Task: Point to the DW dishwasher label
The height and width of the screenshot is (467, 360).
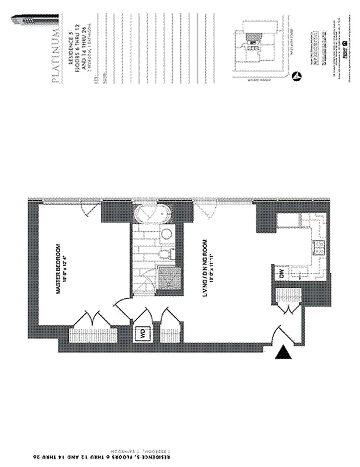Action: pyautogui.click(x=280, y=274)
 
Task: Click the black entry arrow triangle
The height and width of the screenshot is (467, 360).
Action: pyautogui.click(x=283, y=353)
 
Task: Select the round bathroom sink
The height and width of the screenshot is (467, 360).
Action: pyautogui.click(x=166, y=235)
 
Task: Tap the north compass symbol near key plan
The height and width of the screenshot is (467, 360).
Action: pyautogui.click(x=297, y=75)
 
